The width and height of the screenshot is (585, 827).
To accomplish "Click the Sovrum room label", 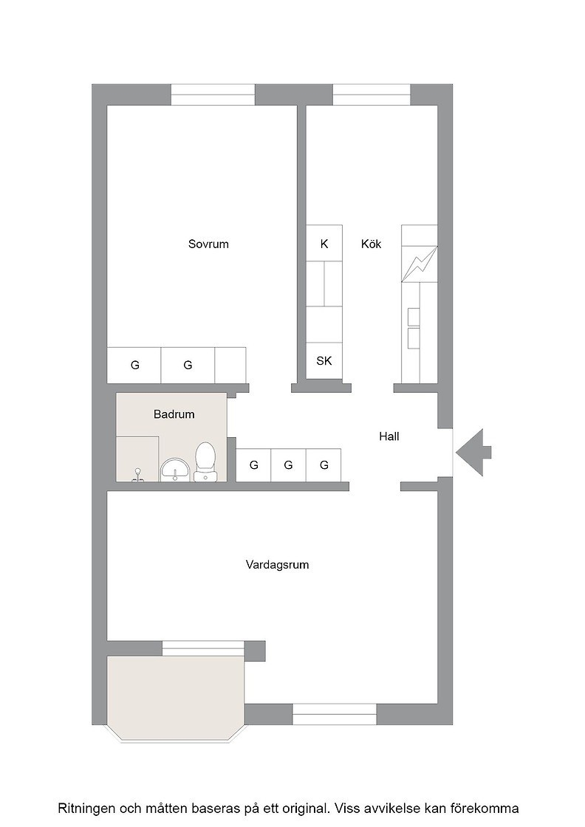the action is (208, 244).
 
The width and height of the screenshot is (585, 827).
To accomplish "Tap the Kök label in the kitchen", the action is (371, 244).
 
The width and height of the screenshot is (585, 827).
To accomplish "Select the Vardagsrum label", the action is (277, 565).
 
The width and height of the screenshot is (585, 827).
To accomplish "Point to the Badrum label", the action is (174, 414).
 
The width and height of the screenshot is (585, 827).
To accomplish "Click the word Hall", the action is (389, 436).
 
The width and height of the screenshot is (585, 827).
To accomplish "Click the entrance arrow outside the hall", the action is (473, 453).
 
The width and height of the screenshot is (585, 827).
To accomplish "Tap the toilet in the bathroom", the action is (205, 462).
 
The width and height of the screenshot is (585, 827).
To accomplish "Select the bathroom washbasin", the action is (176, 470).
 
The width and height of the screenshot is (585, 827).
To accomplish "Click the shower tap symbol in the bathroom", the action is (138, 475).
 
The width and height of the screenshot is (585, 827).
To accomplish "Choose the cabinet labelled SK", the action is (324, 361).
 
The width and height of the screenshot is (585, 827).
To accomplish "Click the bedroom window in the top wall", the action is (213, 95).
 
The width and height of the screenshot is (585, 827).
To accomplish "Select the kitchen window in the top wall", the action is (372, 95).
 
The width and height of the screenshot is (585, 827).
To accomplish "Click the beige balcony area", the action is (176, 696).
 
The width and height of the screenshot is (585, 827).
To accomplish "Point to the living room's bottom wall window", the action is (335, 714).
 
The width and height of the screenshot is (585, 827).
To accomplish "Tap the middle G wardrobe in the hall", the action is (288, 464).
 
